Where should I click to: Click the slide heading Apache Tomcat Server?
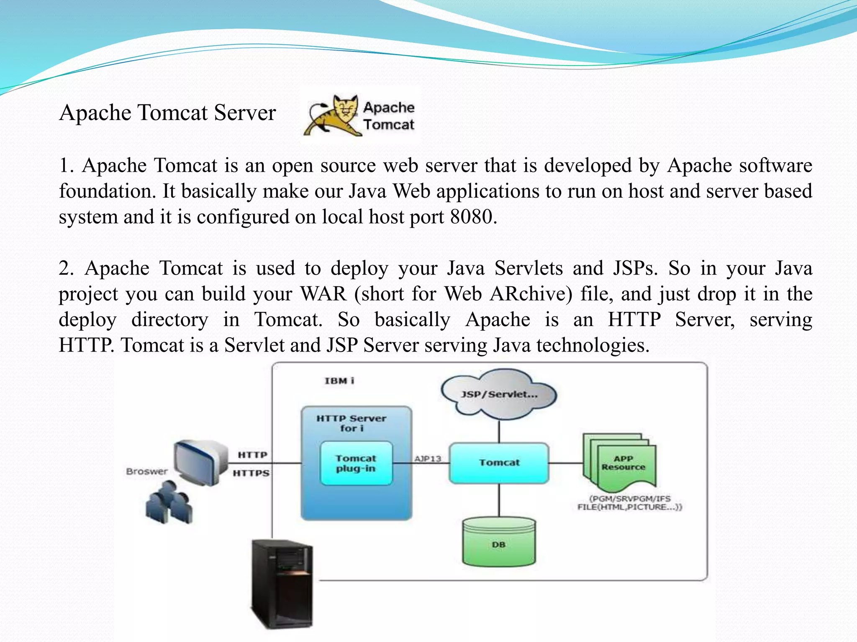pos(167,113)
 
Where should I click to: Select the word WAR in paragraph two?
pos(323,294)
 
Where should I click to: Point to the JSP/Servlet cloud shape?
pos(499,394)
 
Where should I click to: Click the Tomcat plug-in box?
pos(356,464)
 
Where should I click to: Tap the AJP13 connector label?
pos(428,459)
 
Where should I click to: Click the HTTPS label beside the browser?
pos(251,473)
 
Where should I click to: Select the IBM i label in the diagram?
pos(339,381)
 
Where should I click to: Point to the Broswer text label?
pos(147,471)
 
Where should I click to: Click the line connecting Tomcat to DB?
pos(499,501)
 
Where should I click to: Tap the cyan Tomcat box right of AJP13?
pos(499,463)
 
